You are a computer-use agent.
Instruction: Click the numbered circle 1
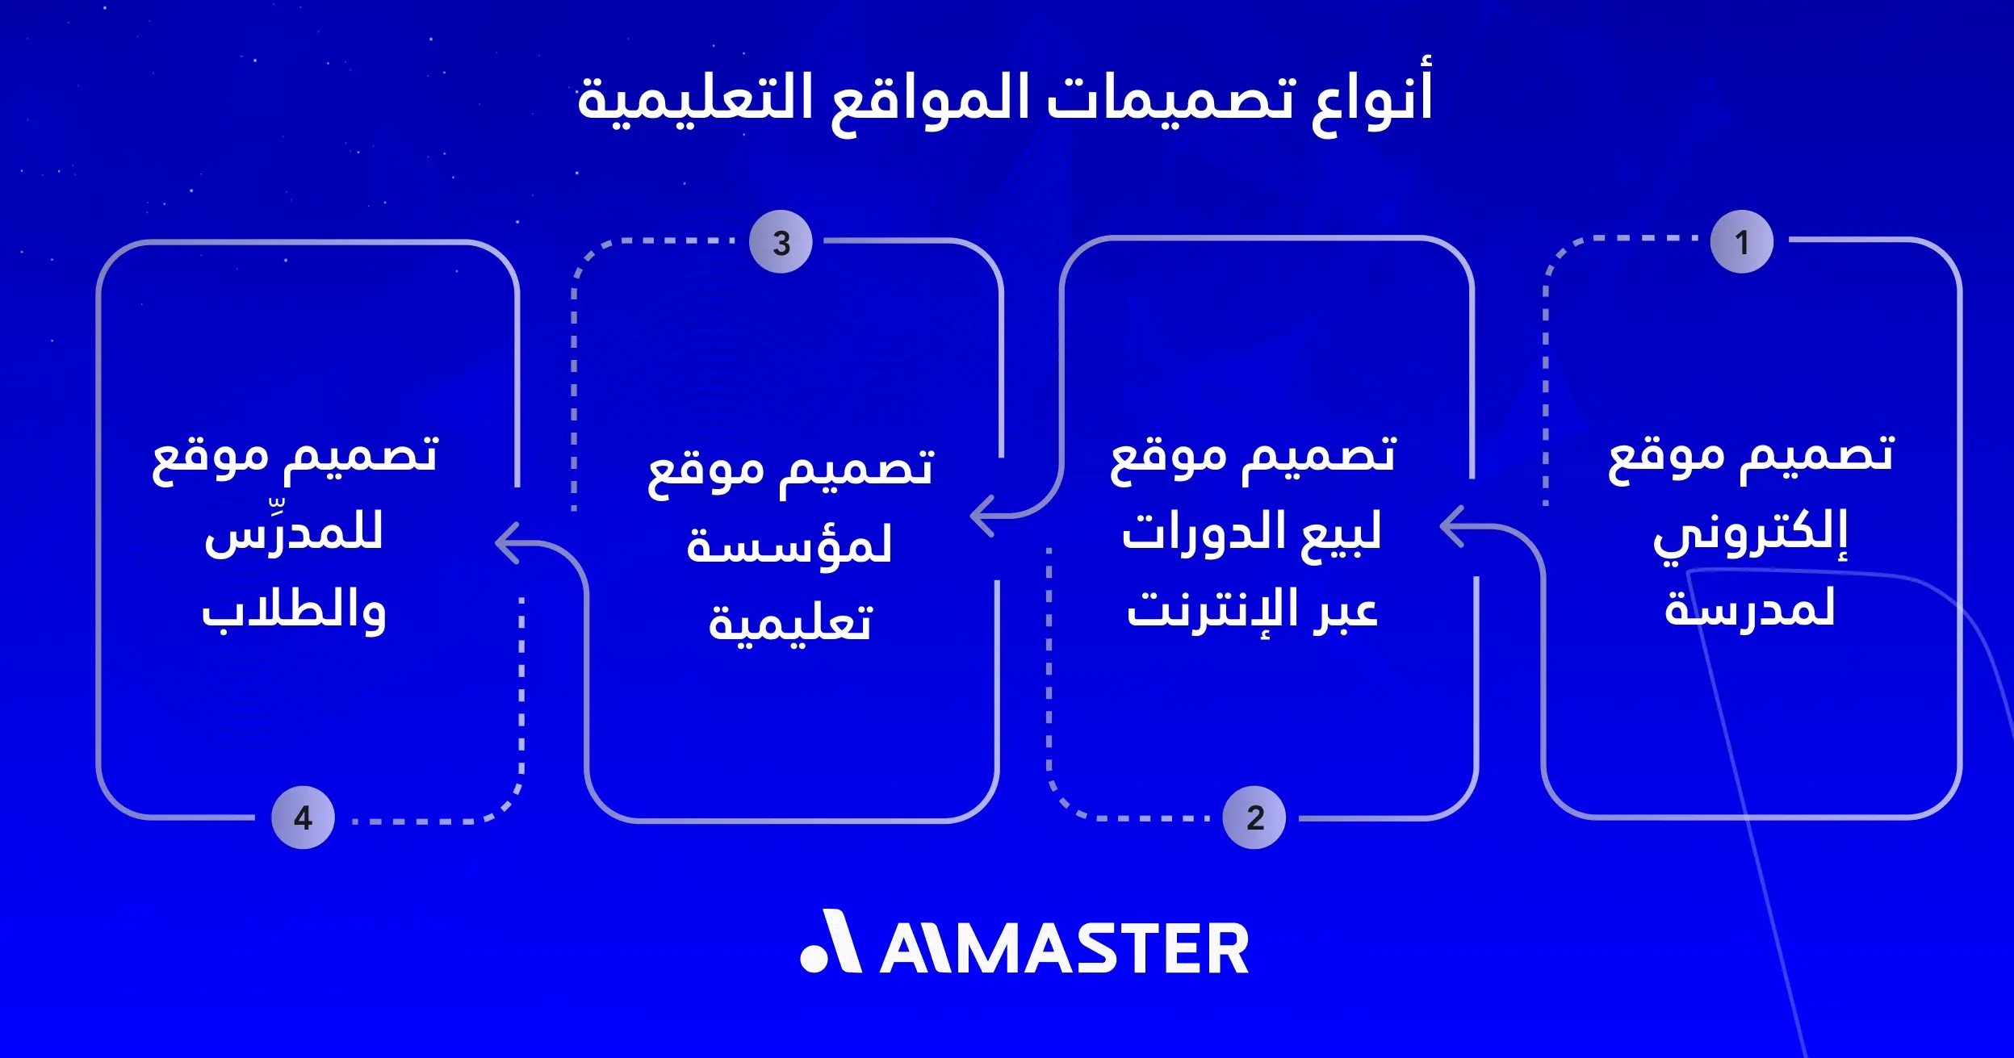coord(1741,242)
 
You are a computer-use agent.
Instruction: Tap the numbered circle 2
coord(1254,818)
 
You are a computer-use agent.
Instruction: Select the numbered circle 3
coord(781,242)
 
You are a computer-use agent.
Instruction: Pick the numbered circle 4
coord(303,818)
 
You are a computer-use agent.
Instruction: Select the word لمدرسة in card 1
coord(1749,609)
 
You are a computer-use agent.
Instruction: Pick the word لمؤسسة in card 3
coord(789,546)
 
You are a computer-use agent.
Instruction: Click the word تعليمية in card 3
coord(790,623)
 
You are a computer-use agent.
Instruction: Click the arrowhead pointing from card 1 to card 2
coord(1451,526)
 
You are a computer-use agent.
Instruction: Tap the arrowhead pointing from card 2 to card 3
coord(980,515)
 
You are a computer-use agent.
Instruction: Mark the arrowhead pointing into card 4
coord(505,543)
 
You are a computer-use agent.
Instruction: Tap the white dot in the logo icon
coord(814,957)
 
